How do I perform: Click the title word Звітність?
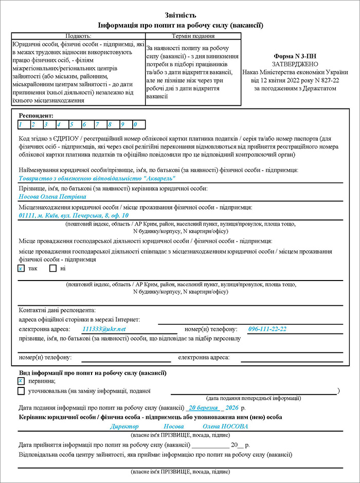click(180, 15)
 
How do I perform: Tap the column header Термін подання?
click(193, 36)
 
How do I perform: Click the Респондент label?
click(36, 116)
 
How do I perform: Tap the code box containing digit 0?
click(138, 124)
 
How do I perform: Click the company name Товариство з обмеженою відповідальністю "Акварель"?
click(97, 178)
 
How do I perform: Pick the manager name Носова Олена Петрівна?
click(52, 196)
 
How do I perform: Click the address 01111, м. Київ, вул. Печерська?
click(74, 215)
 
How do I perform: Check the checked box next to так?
click(21, 268)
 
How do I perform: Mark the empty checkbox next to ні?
click(52, 268)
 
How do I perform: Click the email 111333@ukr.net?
click(104, 329)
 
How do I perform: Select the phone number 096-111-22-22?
click(267, 329)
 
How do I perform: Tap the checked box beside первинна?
click(21, 381)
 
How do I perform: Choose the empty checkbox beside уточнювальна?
click(21, 391)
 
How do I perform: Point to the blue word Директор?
click(124, 426)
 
